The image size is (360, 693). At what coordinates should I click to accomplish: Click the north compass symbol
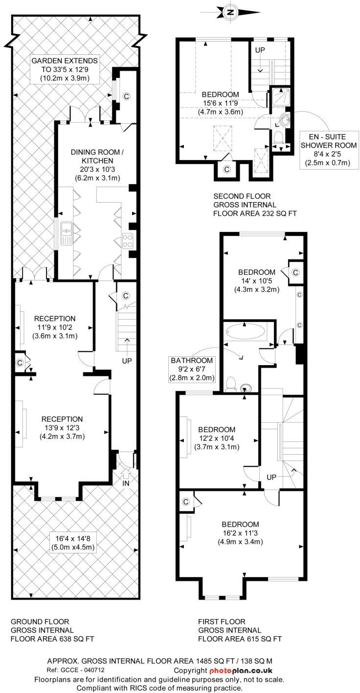[230, 12]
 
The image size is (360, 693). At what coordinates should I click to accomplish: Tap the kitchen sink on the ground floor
[66, 233]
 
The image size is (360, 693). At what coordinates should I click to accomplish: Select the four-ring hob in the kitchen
[128, 241]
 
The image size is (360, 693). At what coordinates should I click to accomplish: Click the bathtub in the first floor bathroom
[246, 333]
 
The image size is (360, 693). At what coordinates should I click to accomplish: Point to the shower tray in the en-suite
[280, 96]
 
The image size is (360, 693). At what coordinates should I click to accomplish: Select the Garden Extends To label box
[65, 69]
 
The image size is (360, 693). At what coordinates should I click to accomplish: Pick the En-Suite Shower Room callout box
[329, 150]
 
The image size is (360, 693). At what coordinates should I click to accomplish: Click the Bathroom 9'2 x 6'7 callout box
[192, 369]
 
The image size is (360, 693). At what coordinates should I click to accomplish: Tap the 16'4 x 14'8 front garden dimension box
[73, 542]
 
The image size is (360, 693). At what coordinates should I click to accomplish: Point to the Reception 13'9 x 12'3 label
[62, 428]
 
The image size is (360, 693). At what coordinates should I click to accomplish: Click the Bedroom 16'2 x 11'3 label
[240, 533]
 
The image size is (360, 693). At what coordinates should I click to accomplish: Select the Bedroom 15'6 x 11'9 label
[220, 103]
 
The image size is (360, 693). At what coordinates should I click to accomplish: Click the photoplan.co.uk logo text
[241, 670]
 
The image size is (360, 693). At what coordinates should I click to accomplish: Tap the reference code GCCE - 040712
[75, 670]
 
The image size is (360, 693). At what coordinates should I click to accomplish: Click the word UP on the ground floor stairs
[127, 361]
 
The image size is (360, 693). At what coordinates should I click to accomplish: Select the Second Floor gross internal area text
[255, 205]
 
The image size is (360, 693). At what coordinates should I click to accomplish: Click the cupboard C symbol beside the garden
[126, 96]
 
